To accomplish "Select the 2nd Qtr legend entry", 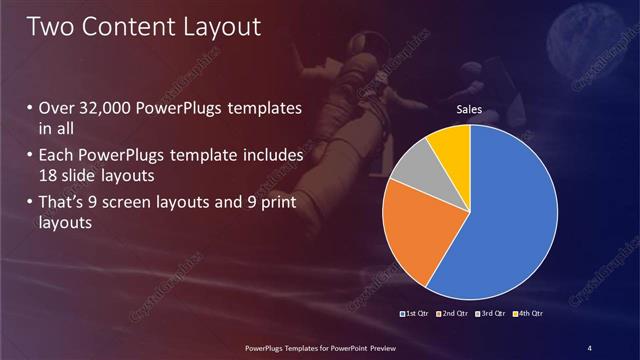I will click(x=455, y=314).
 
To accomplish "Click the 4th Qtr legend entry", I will click(x=529, y=314).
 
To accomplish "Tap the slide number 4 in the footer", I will click(x=589, y=347).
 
